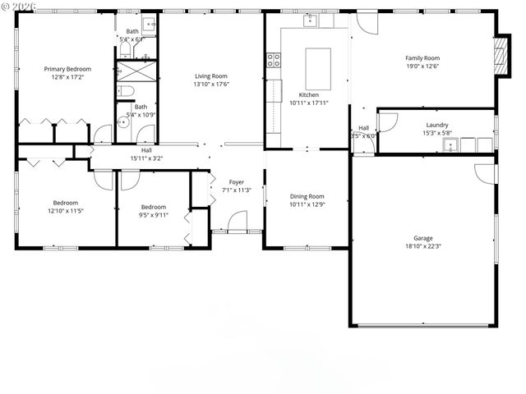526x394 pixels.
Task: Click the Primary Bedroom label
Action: click(x=67, y=69)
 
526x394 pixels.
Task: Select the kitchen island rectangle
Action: click(x=318, y=67)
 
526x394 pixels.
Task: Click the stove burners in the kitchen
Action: click(x=273, y=59)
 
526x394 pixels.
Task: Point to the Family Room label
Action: click(x=422, y=58)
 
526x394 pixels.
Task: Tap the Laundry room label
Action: click(x=436, y=125)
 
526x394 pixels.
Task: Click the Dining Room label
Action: click(x=307, y=196)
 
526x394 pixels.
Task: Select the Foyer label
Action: click(x=236, y=182)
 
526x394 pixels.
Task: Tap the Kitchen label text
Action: click(x=309, y=94)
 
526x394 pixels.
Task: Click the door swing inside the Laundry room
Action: click(x=388, y=121)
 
